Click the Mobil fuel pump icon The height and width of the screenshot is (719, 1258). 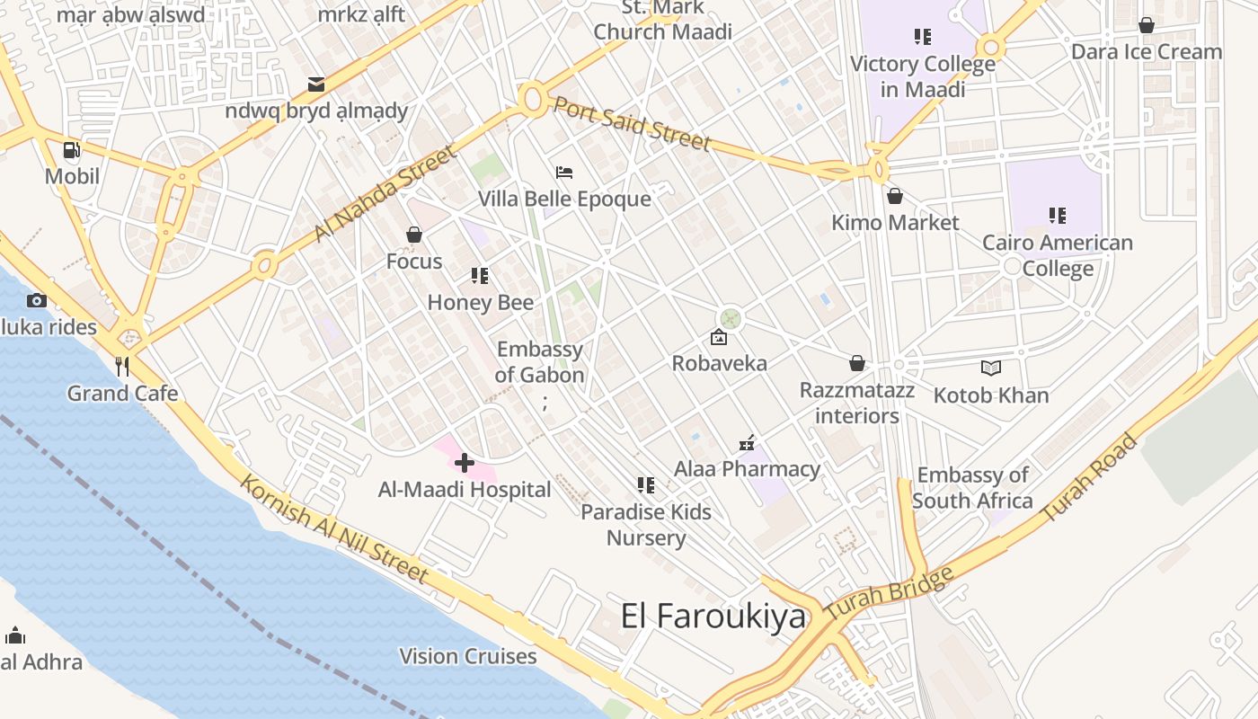[72, 150]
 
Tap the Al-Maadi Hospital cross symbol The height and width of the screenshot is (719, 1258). [465, 463]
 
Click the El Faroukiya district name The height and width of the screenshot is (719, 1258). [713, 617]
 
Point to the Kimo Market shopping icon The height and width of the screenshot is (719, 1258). [895, 196]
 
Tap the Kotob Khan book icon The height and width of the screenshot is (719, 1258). [991, 368]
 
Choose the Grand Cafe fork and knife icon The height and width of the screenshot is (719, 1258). [123, 366]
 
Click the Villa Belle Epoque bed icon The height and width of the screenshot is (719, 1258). [564, 172]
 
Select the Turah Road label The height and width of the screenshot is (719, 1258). [1090, 479]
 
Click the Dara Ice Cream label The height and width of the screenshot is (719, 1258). [1147, 52]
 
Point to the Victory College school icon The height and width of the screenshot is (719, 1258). [923, 37]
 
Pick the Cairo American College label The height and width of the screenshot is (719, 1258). [1058, 255]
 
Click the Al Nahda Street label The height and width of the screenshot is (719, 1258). [385, 195]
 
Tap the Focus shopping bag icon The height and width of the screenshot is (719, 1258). [414, 235]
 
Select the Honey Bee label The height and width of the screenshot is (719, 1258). [480, 303]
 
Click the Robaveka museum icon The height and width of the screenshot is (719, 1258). [719, 338]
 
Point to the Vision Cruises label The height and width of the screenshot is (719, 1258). [468, 656]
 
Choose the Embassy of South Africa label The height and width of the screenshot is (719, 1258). [972, 487]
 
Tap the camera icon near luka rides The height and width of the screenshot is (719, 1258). [37, 301]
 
